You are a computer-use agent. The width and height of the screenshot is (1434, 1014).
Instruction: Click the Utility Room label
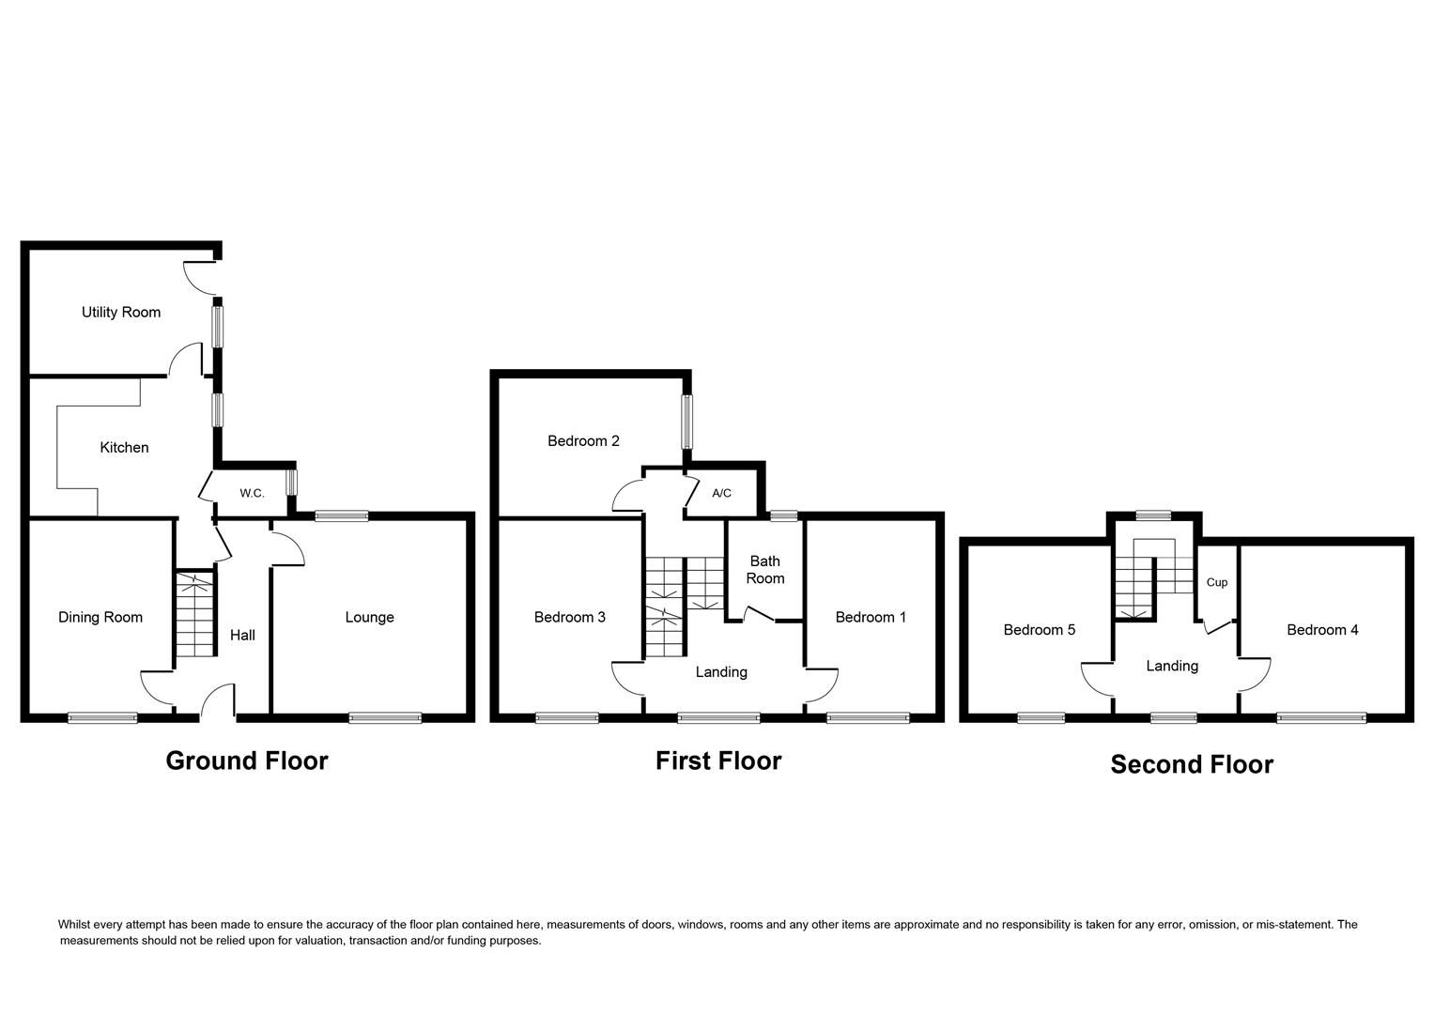pos(120,313)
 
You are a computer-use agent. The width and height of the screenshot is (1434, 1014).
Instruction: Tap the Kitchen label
pos(124,448)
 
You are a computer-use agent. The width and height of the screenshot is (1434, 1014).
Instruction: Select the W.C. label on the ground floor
pos(252,493)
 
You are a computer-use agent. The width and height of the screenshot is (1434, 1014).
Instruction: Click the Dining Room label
pos(100,617)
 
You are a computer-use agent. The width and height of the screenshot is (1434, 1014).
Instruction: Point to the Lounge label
pos(369,617)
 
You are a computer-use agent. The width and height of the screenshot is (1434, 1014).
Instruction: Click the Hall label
pos(242,636)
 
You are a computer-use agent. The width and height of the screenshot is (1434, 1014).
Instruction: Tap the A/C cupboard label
pos(721,493)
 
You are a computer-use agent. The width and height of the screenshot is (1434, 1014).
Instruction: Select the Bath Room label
pos(764,570)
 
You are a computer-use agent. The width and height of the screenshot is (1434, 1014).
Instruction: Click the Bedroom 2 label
pos(583,440)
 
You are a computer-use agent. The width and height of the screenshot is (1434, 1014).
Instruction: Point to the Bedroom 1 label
pos(871,617)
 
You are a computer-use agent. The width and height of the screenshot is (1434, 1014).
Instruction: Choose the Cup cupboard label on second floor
pos(1216,582)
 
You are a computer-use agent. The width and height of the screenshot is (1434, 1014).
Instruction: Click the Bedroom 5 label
pos(1039,630)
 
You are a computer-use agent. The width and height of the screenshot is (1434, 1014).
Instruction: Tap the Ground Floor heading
pos(247,760)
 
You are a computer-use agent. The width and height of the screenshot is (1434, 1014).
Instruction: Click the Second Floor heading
pos(1192,764)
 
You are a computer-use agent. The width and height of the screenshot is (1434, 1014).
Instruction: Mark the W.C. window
pos(292,482)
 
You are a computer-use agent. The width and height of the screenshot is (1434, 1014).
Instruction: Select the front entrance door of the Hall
pos(217,702)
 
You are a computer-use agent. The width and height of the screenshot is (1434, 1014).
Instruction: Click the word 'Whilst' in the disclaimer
pos(77,925)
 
